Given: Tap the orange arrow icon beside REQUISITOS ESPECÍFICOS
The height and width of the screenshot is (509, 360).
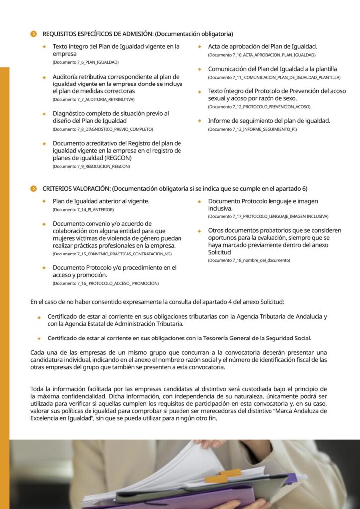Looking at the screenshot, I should click(x=33, y=34).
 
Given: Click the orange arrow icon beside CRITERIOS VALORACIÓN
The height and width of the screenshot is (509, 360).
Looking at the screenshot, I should click(x=33, y=189).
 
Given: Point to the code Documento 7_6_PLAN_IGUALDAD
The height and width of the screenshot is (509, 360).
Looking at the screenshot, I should click(x=86, y=62).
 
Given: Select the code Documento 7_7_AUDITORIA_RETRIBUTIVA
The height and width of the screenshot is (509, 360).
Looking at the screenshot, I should click(x=93, y=99).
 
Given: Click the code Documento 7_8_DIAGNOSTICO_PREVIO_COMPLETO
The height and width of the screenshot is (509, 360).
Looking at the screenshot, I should click(x=102, y=129).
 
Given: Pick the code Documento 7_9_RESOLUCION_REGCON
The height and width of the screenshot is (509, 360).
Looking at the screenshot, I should click(x=91, y=166).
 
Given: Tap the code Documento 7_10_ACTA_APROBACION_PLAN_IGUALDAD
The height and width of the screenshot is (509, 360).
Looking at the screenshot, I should click(x=262, y=55).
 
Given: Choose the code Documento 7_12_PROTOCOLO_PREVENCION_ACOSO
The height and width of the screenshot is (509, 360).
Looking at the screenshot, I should click(x=259, y=107).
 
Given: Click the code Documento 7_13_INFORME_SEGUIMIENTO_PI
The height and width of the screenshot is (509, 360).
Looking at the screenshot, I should click(x=252, y=129).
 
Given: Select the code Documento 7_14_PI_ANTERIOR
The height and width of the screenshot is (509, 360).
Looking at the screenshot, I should click(x=83, y=210).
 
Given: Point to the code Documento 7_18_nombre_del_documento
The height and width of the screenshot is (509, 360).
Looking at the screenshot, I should click(x=249, y=260).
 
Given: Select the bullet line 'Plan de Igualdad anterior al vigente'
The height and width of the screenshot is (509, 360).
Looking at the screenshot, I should click(x=101, y=201).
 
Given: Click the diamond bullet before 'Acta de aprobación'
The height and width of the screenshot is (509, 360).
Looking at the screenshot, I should click(x=200, y=47).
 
